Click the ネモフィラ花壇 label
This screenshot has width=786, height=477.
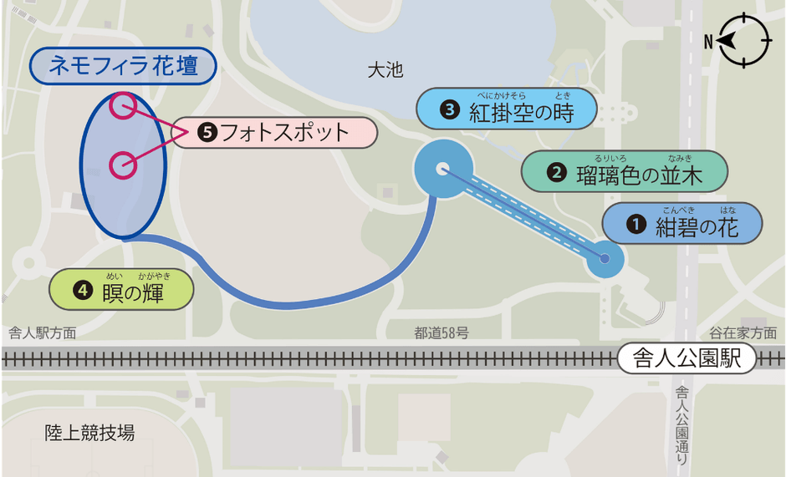point(123,67)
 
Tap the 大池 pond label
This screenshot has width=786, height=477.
point(385,71)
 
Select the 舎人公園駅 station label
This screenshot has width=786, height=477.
point(687,359)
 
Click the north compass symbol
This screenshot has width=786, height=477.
point(744,40)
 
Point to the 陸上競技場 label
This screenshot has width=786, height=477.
point(89,432)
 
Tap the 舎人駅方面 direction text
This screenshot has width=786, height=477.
point(42,333)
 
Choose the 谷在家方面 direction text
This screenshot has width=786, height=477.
point(743,333)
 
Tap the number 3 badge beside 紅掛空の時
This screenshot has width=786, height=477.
point(451,110)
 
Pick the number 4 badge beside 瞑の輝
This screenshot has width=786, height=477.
point(82,290)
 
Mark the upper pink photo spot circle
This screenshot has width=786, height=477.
point(123,105)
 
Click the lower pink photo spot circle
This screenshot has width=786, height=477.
point(123,165)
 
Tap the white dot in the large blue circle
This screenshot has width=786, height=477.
point(442,170)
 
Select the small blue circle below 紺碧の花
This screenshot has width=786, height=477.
point(605,259)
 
